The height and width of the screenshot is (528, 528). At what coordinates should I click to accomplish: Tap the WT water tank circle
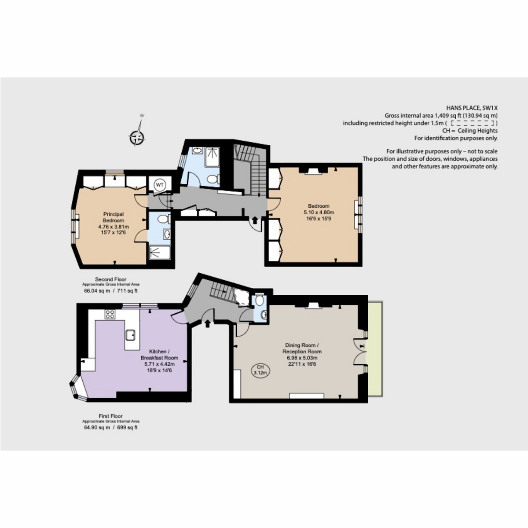click(x=159, y=185)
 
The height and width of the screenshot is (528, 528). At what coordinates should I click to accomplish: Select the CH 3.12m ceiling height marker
click(x=260, y=370)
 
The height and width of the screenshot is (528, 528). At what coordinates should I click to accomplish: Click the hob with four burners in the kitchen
click(x=110, y=314)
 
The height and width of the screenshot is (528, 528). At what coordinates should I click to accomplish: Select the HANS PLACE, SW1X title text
click(x=472, y=108)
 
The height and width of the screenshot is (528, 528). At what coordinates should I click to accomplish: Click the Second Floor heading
click(x=110, y=279)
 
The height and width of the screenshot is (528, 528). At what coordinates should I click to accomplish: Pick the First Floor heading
click(x=110, y=416)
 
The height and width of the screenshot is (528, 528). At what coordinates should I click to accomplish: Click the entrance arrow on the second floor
click(x=254, y=220)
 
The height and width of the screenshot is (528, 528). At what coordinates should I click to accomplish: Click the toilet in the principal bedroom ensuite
click(x=163, y=219)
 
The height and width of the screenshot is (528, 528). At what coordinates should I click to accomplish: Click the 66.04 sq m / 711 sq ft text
click(x=110, y=290)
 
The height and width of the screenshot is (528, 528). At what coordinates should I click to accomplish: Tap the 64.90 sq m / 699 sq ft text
click(x=110, y=427)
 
